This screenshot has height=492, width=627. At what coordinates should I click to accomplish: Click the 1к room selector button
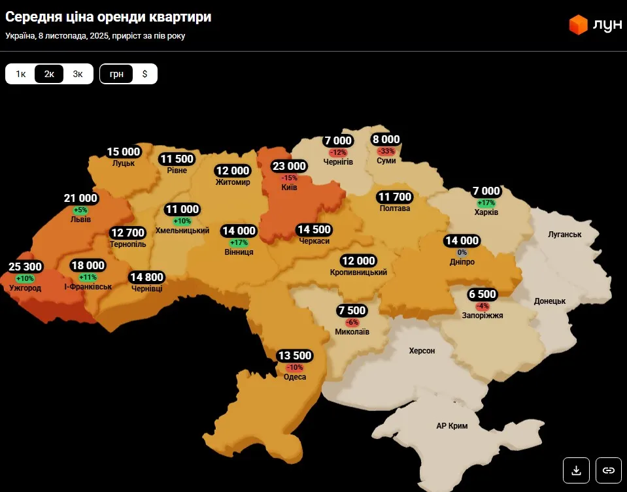point(21,74)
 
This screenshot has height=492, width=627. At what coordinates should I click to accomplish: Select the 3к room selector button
point(78,74)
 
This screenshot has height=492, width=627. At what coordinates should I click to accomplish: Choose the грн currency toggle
point(116,74)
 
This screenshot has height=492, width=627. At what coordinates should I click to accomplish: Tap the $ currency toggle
point(144,74)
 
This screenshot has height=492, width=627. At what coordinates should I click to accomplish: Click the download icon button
point(576,470)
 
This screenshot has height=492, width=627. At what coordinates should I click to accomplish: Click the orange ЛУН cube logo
point(578,25)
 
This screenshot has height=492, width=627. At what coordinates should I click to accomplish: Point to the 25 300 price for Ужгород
point(25,267)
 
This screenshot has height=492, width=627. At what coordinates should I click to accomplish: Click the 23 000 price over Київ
point(289,166)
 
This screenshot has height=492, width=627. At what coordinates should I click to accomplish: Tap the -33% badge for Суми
point(386,151)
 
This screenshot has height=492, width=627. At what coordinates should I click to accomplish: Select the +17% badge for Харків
point(486,203)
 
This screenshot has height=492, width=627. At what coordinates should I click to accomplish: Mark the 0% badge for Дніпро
point(462,252)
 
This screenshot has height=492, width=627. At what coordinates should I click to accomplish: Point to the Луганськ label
point(565,234)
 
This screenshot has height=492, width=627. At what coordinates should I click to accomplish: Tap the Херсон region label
point(422,351)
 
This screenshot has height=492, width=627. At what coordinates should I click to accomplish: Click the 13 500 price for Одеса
point(294,355)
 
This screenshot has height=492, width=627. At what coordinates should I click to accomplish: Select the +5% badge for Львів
point(80,210)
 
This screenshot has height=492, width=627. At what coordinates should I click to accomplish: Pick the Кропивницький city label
point(358,272)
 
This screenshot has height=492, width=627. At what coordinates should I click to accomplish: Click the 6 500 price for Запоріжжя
point(483,295)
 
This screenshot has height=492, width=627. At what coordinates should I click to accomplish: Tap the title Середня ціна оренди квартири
point(108,17)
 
